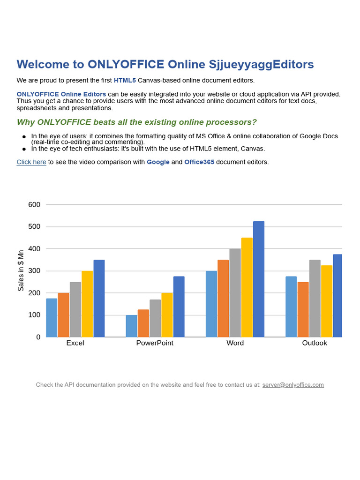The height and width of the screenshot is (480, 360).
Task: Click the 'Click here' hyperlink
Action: [31, 162]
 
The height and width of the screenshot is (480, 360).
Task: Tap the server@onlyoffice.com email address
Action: [293, 385]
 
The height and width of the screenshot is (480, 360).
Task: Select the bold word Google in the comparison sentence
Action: [158, 162]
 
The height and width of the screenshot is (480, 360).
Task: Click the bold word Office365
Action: [199, 162]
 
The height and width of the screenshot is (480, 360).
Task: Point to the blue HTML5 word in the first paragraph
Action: [125, 81]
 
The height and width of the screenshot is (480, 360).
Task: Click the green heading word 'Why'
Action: [26, 122]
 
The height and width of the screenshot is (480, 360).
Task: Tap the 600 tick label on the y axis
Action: [35, 205]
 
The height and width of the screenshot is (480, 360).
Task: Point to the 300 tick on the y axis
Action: [35, 271]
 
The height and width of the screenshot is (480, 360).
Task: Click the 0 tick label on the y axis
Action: [38, 337]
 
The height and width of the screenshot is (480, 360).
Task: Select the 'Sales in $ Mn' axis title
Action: [21, 270]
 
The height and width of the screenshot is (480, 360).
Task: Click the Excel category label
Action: [75, 343]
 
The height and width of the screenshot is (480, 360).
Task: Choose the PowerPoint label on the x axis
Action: [155, 343]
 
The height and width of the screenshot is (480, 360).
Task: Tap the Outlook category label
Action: [315, 343]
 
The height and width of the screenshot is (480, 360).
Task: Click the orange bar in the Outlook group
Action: [303, 309]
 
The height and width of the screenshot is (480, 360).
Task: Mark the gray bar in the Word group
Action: [235, 293]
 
